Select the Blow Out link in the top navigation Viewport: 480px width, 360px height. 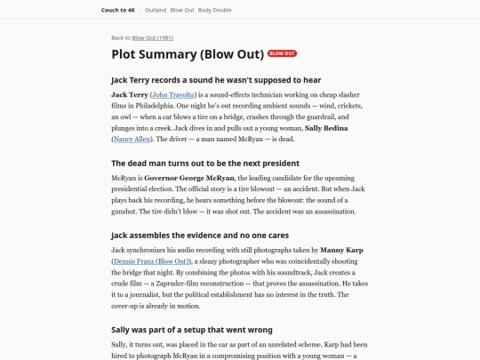[x=183, y=10]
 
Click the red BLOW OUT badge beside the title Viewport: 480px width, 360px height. [x=283, y=53]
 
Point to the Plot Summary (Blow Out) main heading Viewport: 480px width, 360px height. [x=187, y=53]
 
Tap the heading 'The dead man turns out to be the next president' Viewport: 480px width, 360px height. [x=205, y=163]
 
